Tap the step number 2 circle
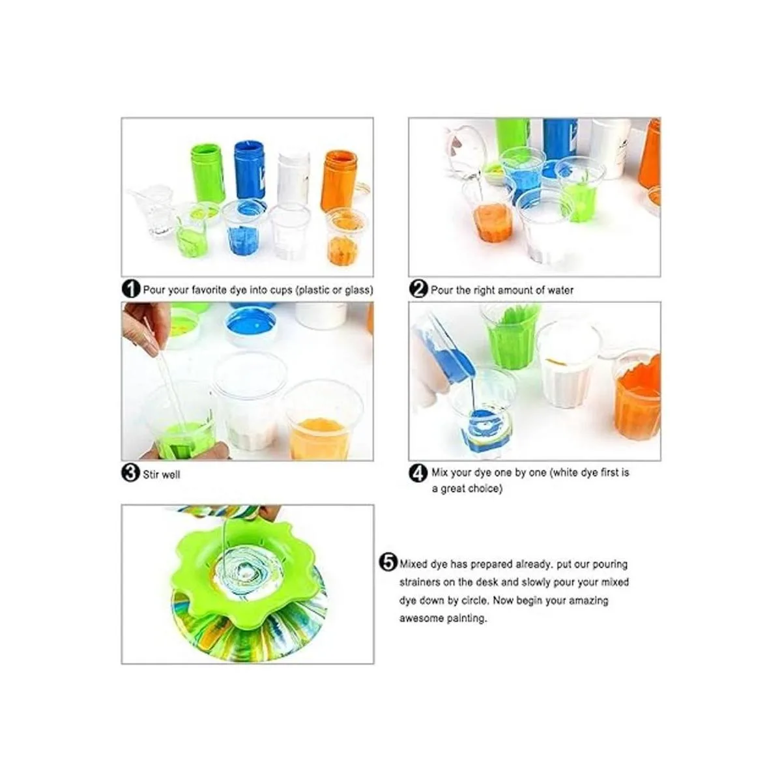pyautogui.click(x=418, y=289)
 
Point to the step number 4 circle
pyautogui.click(x=418, y=473)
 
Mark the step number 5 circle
pyautogui.click(x=388, y=563)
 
